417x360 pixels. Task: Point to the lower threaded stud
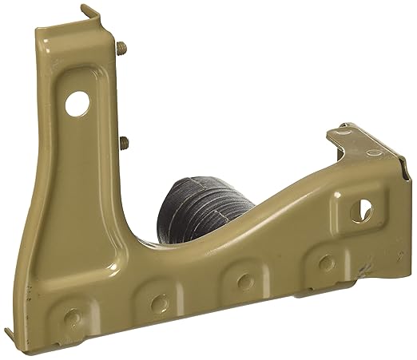click(126, 144)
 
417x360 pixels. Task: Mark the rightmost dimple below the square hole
click(324, 263)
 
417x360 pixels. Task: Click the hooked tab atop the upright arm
click(90, 14)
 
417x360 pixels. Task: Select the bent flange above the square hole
click(363, 144)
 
